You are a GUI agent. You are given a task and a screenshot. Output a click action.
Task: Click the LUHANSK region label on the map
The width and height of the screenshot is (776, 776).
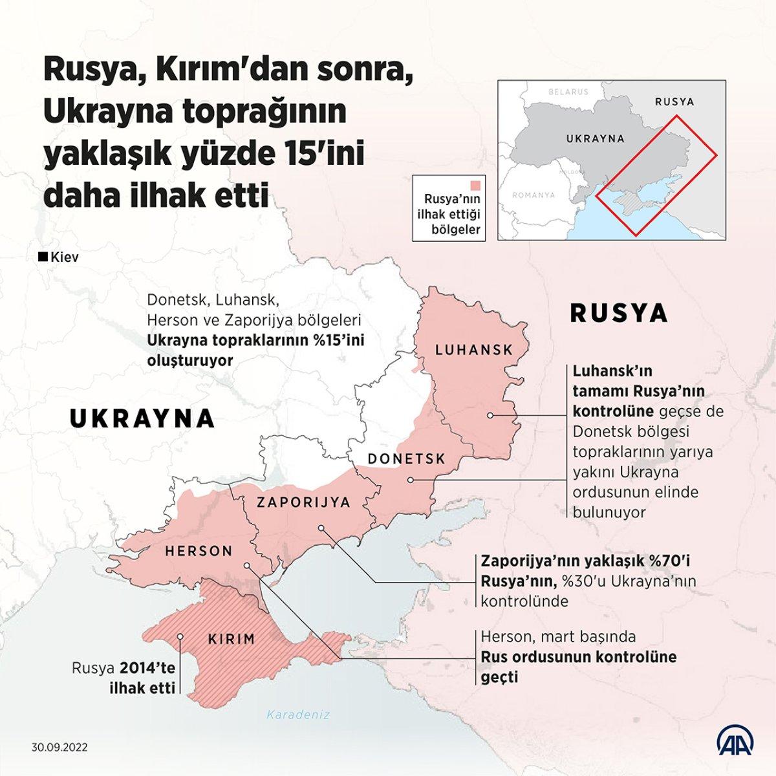[x=474, y=350]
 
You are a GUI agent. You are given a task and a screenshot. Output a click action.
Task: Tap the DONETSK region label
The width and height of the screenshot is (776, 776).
[x=407, y=458]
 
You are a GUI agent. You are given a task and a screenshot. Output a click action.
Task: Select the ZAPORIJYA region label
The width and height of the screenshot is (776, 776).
[x=303, y=502]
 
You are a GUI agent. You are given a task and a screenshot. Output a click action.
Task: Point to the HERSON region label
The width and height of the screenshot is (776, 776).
[x=199, y=552]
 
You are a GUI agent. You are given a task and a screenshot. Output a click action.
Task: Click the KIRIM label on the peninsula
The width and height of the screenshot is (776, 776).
[x=232, y=640]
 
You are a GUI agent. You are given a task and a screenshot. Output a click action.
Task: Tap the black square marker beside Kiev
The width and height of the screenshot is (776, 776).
[x=43, y=257]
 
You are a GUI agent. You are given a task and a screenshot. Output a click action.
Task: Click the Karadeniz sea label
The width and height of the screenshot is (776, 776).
[x=299, y=715]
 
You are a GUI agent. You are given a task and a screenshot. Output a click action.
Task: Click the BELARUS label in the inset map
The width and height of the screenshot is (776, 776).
[x=568, y=92]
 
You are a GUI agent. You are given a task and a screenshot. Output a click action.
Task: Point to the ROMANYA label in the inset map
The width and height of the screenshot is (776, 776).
[x=533, y=195]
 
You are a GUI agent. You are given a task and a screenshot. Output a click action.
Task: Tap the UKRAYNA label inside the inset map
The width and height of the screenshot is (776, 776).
[x=595, y=138]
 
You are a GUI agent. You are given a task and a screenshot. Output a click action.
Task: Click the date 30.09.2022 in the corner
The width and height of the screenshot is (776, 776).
[x=59, y=746]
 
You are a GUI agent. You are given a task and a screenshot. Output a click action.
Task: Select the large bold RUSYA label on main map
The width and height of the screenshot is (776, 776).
[x=618, y=313]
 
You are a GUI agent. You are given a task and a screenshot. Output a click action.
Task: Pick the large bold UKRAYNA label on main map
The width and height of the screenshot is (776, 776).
[x=142, y=418]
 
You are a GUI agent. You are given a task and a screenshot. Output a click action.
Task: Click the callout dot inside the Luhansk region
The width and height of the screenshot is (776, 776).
[x=491, y=415]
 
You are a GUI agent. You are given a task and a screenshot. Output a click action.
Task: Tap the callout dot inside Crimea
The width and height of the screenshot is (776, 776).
[x=180, y=636]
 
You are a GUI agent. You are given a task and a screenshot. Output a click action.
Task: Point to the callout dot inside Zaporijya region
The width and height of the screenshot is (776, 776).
[x=321, y=528]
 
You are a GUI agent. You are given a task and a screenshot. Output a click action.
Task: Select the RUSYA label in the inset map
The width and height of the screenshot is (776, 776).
[x=674, y=102]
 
